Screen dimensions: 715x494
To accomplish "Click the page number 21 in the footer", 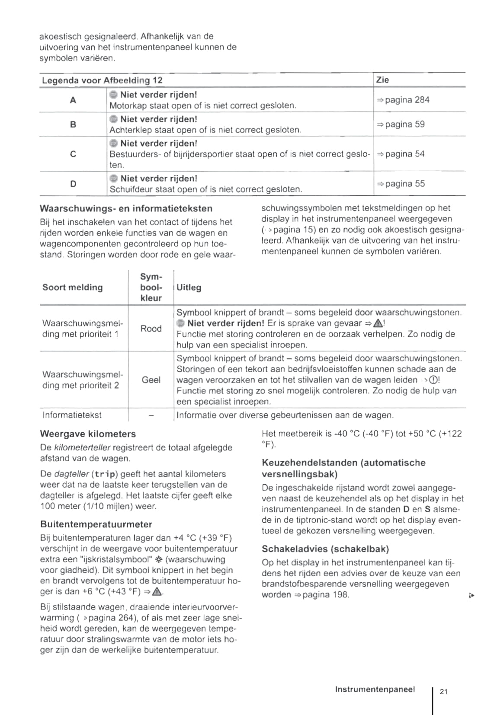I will click(443, 691).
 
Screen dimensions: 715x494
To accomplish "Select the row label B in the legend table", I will click(73, 124).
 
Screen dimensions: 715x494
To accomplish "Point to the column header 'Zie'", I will click(382, 80).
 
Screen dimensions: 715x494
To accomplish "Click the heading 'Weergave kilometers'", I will click(88, 434).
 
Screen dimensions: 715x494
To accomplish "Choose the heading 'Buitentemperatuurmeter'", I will click(96, 524).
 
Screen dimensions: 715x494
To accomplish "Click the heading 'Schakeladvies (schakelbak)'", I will click(325, 549).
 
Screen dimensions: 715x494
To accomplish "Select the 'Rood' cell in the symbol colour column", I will click(151, 329).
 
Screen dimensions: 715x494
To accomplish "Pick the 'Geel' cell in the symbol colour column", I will click(151, 380).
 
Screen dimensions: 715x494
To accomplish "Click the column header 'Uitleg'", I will click(189, 287).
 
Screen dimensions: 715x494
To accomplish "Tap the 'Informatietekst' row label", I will click(72, 415).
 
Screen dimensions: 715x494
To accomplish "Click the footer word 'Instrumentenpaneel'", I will click(375, 689).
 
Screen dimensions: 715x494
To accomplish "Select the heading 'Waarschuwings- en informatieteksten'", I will click(126, 208).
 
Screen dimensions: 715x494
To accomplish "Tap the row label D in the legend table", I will click(73, 184).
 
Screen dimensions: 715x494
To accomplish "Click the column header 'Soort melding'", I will click(73, 287).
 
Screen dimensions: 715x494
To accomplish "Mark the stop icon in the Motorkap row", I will click(113, 95).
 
